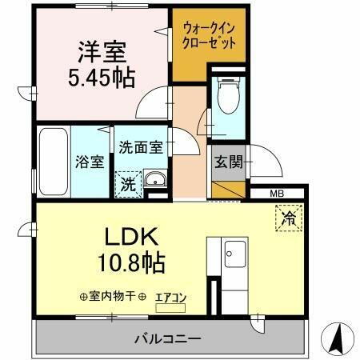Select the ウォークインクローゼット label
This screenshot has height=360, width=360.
(x=210, y=37)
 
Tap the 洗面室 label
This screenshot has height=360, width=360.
(x=141, y=147)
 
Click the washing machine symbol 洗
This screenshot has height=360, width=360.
(x=127, y=184)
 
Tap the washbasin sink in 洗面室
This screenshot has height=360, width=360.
(x=156, y=178)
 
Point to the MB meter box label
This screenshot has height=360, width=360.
(x=276, y=193)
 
